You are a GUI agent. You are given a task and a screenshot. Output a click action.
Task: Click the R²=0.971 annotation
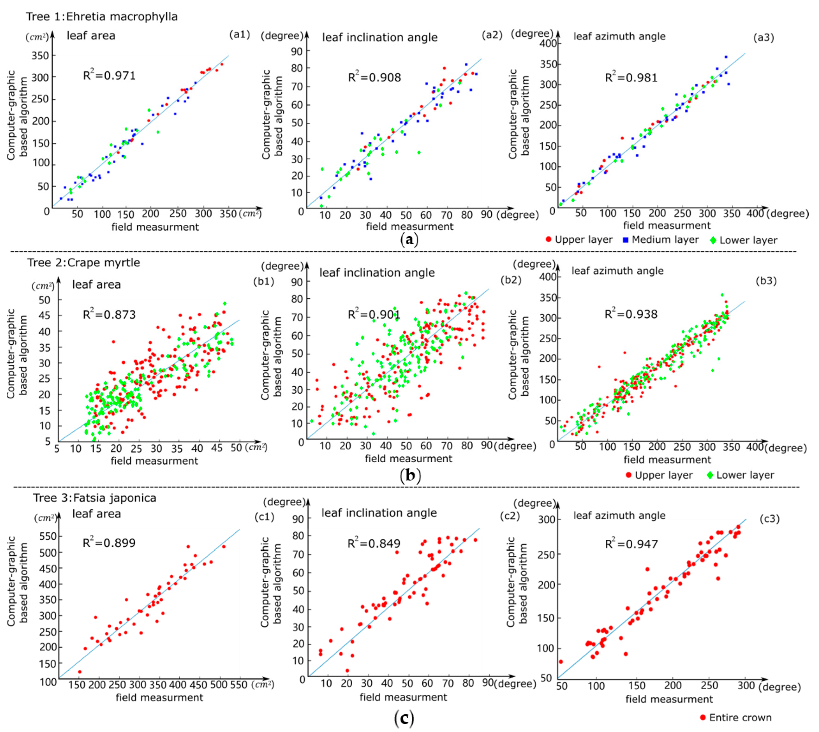[x=109, y=75]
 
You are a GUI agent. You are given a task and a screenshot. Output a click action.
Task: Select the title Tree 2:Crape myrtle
[x=84, y=263]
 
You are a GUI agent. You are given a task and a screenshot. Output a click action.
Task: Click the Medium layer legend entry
[x=661, y=240]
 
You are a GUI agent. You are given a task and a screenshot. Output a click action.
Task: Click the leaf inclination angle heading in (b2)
[x=377, y=273]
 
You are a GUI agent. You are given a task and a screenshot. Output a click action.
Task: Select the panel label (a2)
[x=492, y=35]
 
